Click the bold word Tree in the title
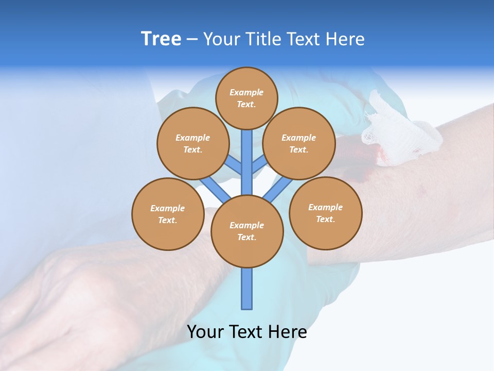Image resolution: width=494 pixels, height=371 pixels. (161, 39)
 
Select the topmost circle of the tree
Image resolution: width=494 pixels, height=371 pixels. (246, 98)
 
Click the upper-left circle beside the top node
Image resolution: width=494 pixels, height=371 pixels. (192, 143)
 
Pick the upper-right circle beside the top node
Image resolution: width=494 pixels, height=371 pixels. (298, 143)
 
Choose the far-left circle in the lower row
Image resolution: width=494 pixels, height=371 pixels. (168, 214)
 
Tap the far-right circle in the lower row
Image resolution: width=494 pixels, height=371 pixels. (325, 213)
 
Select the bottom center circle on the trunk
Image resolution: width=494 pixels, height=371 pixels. (247, 231)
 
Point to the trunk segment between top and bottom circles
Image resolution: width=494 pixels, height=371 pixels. (247, 162)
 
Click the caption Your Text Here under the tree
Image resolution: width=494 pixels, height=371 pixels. (247, 331)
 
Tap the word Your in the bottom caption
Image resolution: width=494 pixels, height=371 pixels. (205, 331)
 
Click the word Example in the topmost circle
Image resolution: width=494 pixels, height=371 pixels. (246, 92)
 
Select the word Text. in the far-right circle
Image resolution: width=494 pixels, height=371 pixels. (325, 219)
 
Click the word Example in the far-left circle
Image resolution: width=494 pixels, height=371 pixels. (168, 208)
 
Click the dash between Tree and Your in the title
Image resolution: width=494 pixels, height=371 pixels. (192, 39)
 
